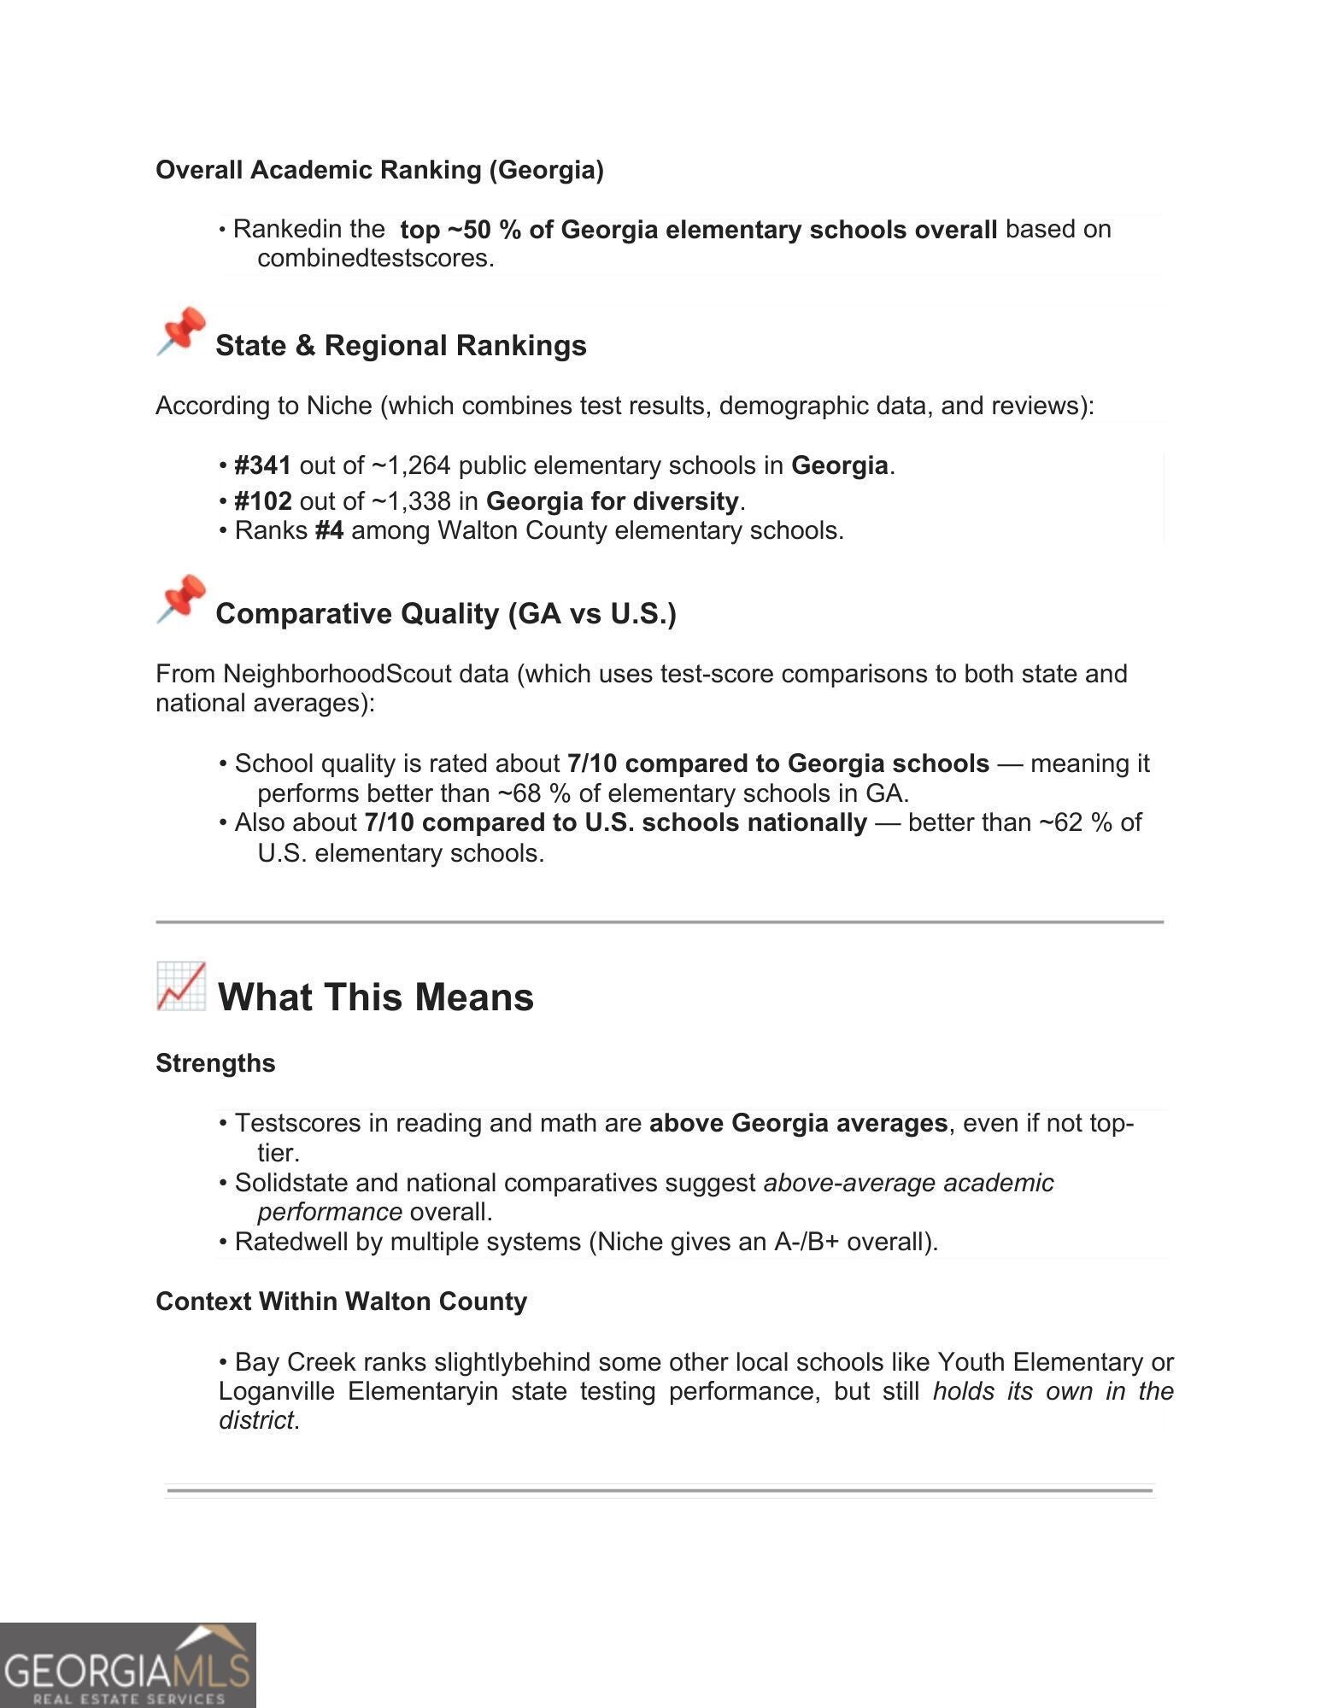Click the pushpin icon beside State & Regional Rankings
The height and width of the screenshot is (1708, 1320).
pos(181,331)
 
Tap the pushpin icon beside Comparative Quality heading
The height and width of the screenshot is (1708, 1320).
pos(181,599)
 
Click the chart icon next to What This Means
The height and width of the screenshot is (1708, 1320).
pos(181,986)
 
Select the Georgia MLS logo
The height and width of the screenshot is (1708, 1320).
pos(128,1664)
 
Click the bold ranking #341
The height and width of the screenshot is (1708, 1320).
pos(263,465)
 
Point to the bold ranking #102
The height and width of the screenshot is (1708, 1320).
pos(263,501)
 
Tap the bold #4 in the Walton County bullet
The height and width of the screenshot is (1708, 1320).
pos(329,531)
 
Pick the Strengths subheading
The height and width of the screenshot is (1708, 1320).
pos(215,1063)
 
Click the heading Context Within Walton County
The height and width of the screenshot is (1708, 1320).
pos(341,1301)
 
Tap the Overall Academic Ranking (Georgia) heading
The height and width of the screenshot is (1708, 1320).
pos(379,170)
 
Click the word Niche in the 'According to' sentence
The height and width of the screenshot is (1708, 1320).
pos(339,406)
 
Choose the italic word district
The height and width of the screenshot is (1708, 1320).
pos(255,1420)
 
